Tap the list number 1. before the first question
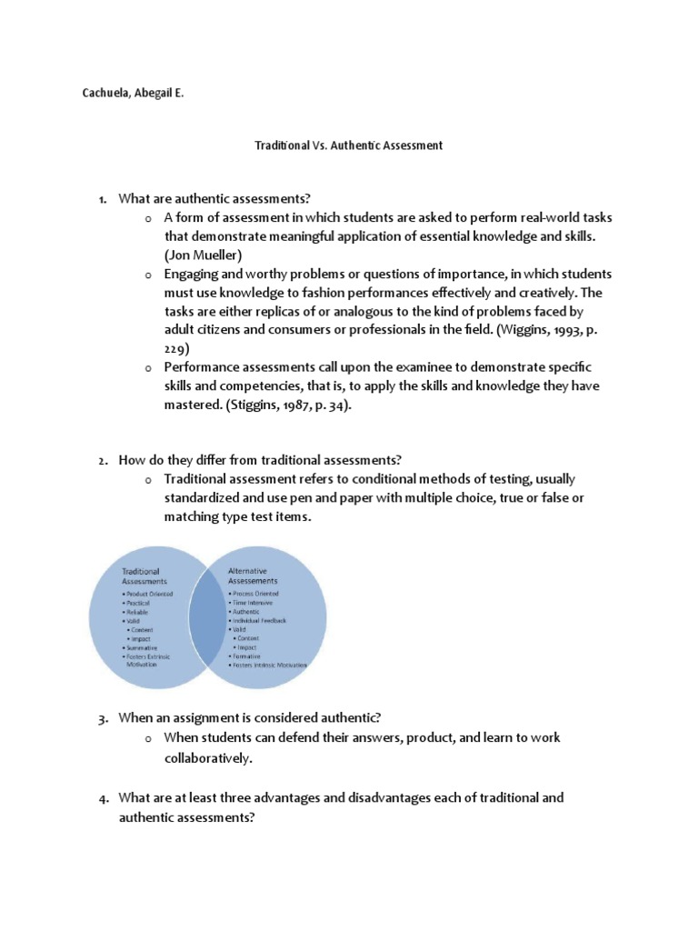104,199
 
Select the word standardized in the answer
206,498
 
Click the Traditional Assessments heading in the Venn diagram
146,576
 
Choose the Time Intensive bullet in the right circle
257,602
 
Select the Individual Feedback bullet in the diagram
261,620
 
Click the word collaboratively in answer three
209,757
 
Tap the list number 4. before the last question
104,798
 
